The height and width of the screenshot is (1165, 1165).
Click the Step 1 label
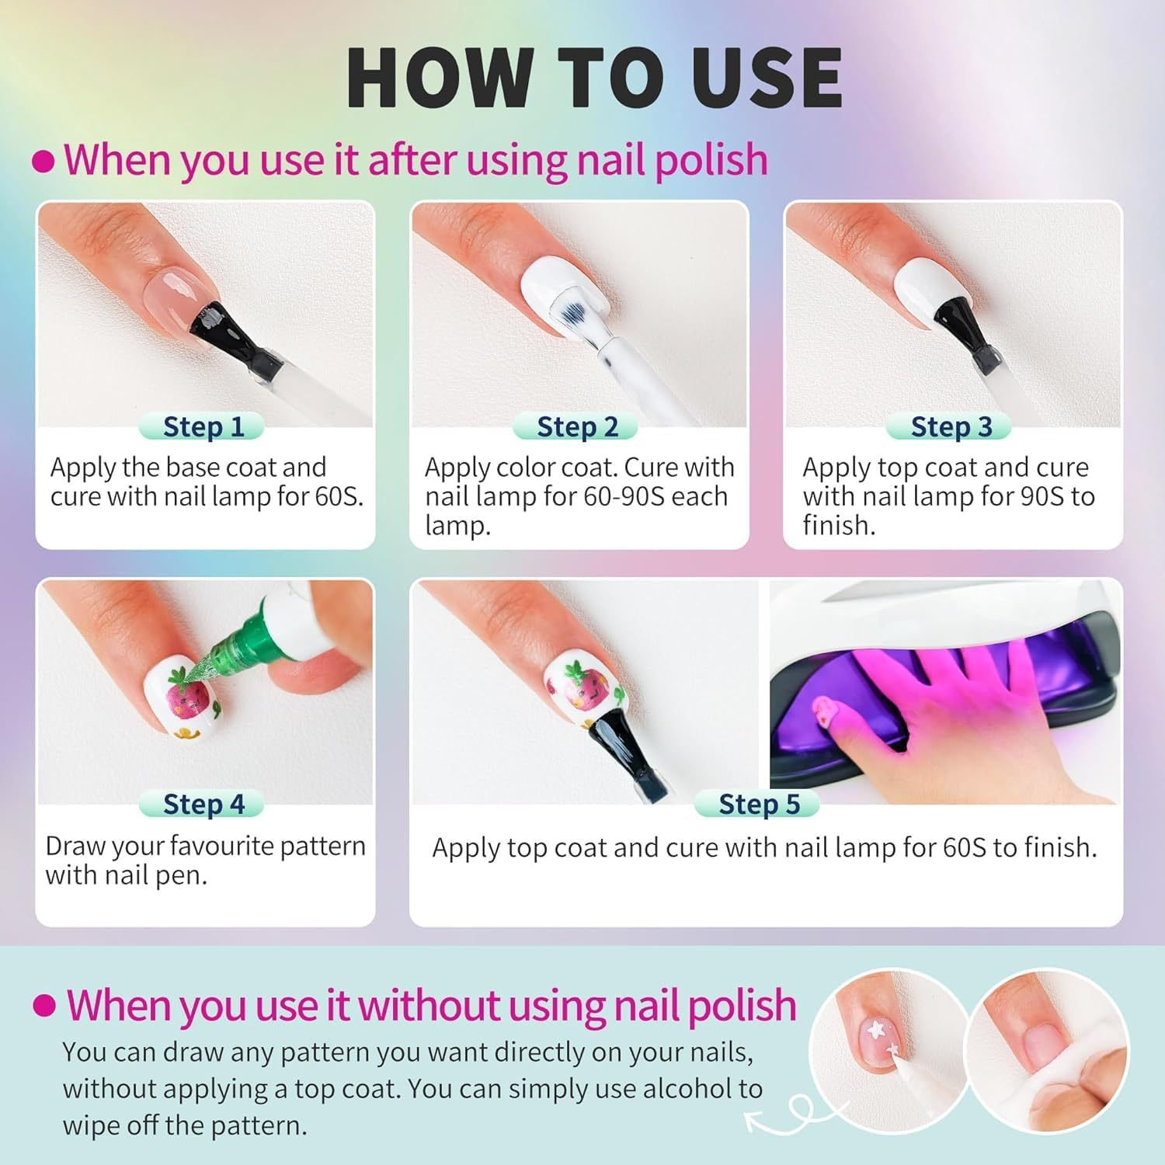(203, 426)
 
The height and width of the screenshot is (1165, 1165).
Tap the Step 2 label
(576, 426)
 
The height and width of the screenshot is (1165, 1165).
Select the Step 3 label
(951, 426)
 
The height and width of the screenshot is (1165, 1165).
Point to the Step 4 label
(203, 804)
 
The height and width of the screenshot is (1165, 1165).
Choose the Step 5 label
(759, 804)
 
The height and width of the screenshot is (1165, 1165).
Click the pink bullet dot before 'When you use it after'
(43, 162)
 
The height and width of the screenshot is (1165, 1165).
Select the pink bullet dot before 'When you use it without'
(44, 1006)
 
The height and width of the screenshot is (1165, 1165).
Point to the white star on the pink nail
(877, 1031)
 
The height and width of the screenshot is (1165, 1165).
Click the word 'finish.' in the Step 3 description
(839, 526)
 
